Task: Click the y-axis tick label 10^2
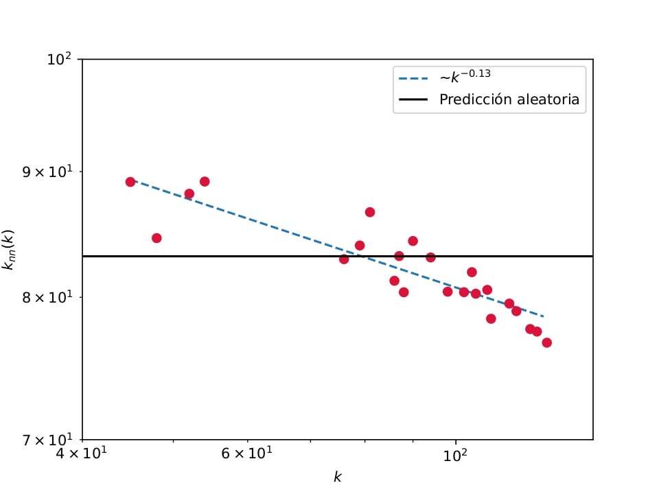point(59,60)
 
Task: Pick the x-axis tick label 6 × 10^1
point(247,455)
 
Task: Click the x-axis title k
point(337,477)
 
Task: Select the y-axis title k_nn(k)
point(10,249)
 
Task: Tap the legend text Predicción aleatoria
point(509,99)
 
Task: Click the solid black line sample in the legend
point(413,100)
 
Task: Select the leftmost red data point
point(130,182)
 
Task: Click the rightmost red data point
point(546,342)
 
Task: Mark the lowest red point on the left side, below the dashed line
point(157,238)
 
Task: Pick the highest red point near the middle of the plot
point(370,212)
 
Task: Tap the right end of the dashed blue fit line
point(544,316)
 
